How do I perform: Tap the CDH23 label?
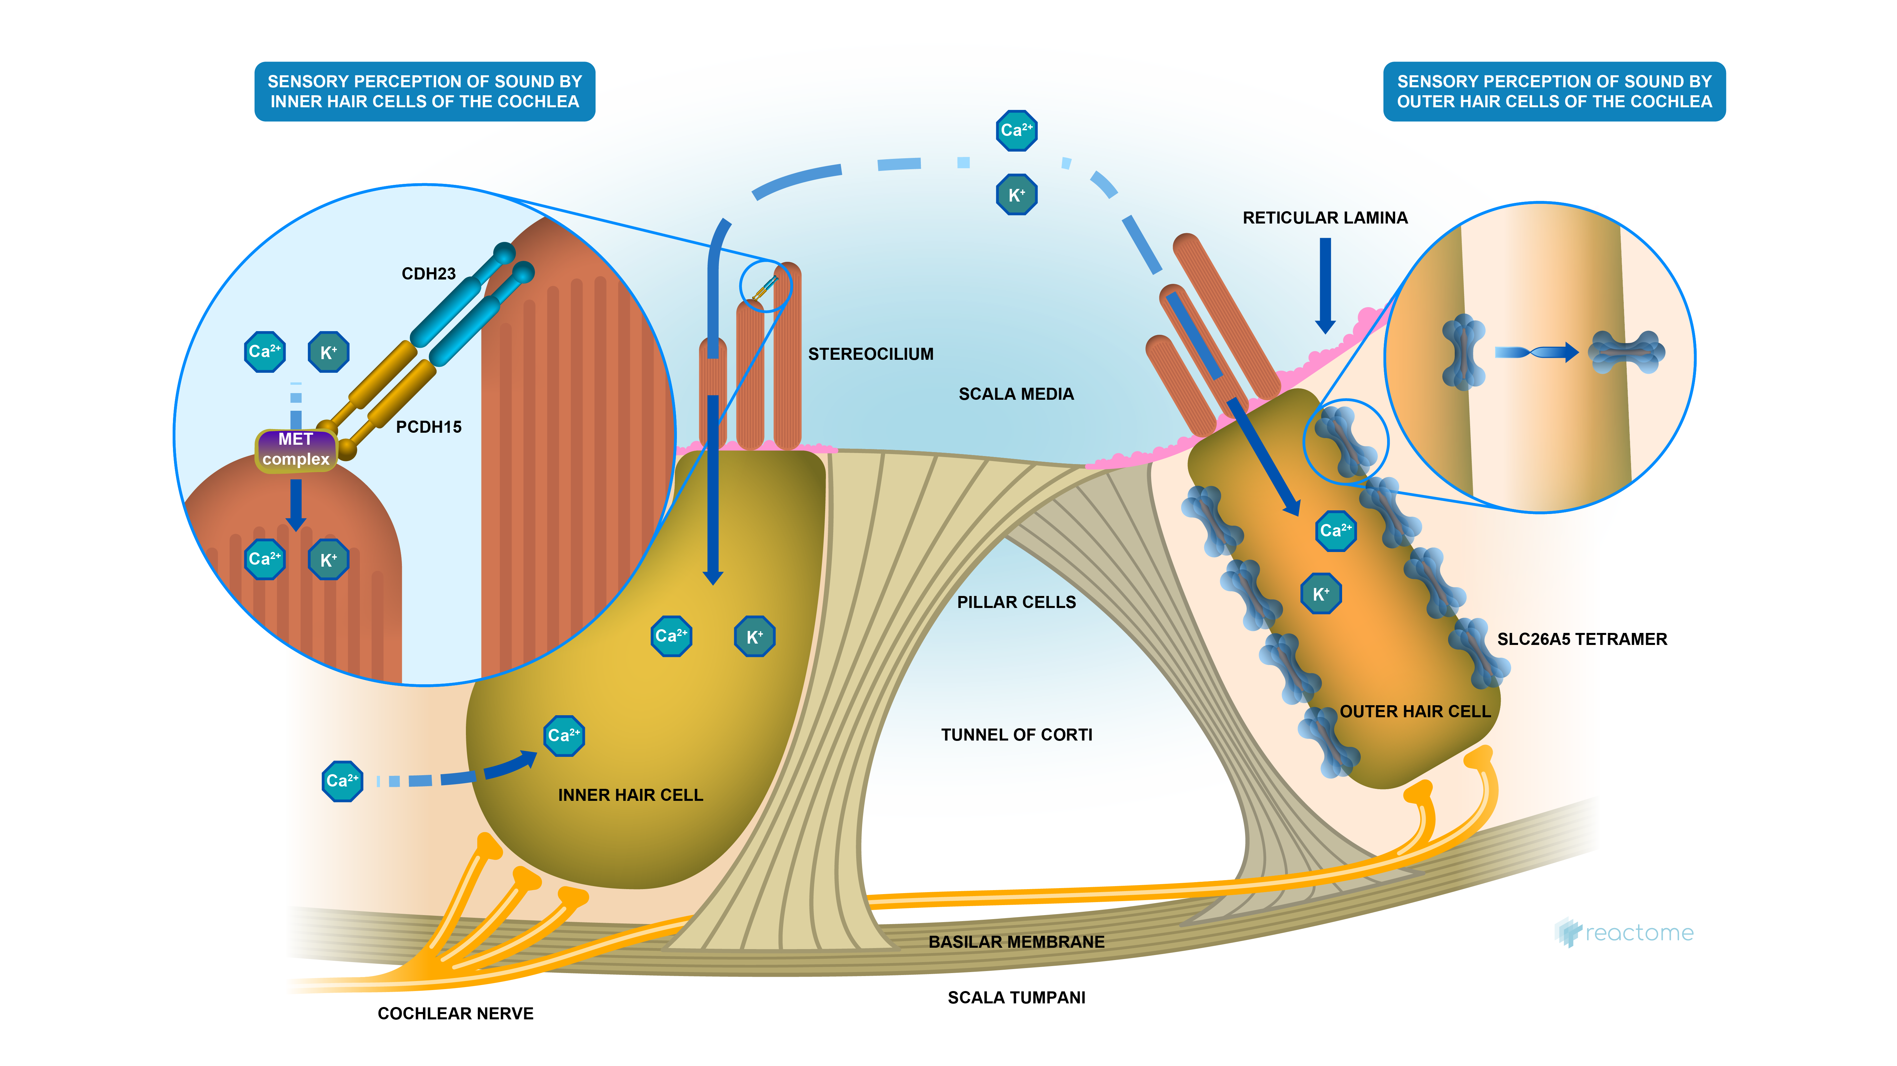point(429,274)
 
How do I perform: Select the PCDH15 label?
point(429,427)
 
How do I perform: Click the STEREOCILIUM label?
point(871,354)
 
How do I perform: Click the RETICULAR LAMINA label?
point(1325,218)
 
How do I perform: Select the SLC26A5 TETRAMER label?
point(1582,639)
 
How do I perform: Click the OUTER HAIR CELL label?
point(1415,711)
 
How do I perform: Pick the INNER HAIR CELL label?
point(630,795)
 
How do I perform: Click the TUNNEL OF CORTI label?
point(1016,735)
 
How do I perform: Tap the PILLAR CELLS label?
point(1016,602)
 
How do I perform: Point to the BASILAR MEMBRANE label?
point(1016,942)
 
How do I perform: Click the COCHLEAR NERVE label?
point(455,1014)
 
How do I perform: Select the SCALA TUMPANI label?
point(1016,997)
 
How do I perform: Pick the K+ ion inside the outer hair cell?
point(1320,593)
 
